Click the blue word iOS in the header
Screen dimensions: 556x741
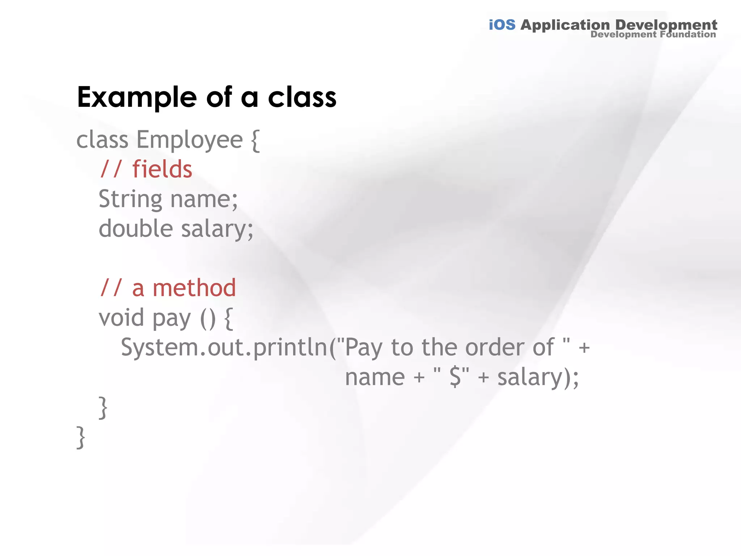tap(502, 25)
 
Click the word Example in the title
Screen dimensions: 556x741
tap(137, 98)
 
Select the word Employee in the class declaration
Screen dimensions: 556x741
tap(189, 140)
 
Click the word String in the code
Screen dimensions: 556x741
tap(130, 199)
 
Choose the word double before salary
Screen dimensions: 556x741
tap(136, 229)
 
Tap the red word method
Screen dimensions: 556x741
tap(194, 288)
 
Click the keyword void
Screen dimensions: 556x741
tap(121, 318)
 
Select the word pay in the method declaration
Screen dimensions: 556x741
tap(171, 319)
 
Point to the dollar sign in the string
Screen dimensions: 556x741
tap(455, 377)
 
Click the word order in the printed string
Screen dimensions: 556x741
tap(495, 347)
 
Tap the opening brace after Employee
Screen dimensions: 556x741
tap(255, 140)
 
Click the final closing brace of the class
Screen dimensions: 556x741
tap(81, 437)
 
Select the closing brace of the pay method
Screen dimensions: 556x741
tap(103, 408)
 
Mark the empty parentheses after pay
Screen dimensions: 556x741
tap(208, 319)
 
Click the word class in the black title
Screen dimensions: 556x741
tap(302, 98)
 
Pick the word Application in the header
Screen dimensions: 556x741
tap(565, 25)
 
